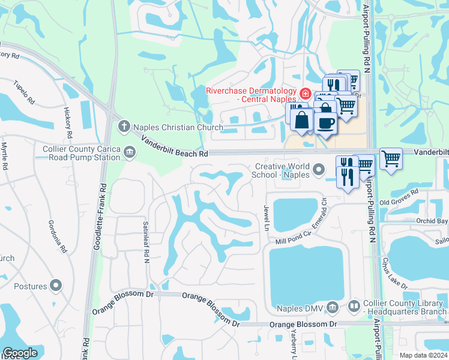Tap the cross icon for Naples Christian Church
124,126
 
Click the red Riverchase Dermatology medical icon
306,94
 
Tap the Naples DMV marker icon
333,308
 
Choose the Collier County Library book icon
354,307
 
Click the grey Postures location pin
56,286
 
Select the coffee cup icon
325,123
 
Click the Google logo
20,353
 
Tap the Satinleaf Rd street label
145,248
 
